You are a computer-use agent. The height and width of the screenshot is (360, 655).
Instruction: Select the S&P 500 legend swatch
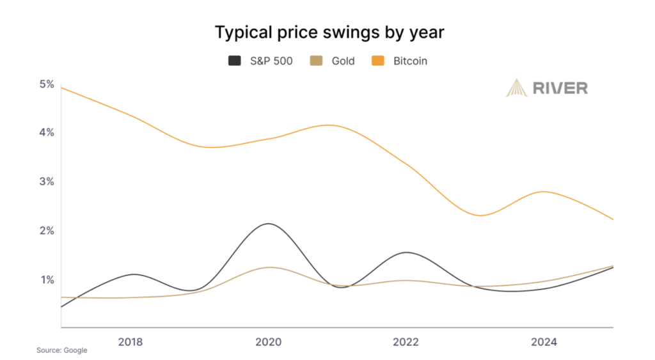click(235, 61)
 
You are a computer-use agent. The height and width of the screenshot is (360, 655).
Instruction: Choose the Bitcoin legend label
click(410, 61)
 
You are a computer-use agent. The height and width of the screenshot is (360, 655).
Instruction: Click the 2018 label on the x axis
click(130, 342)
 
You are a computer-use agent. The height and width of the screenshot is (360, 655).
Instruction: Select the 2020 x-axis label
click(268, 342)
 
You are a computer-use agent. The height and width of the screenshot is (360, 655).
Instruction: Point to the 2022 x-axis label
click(406, 342)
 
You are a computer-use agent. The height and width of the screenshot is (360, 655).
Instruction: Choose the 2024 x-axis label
click(544, 342)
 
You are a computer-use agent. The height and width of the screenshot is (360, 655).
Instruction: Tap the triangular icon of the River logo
click(517, 88)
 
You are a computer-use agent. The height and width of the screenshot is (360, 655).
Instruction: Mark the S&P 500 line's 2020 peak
click(267, 224)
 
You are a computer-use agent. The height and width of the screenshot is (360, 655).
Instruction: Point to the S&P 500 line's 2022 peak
click(406, 253)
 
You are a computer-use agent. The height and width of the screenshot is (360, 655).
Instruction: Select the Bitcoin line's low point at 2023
click(481, 215)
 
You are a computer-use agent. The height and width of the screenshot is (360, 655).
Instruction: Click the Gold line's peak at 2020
click(271, 267)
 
